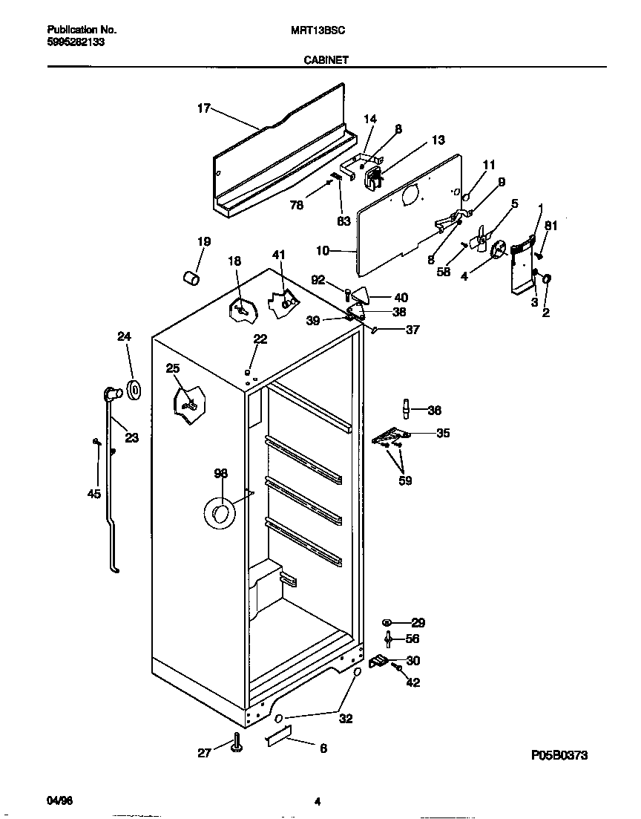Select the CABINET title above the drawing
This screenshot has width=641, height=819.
[326, 61]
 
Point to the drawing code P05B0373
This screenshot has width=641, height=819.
[559, 755]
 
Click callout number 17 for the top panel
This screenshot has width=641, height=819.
[203, 108]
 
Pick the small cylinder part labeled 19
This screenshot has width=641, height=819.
[192, 278]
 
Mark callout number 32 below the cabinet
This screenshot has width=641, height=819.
[346, 718]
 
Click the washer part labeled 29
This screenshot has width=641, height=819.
[387, 622]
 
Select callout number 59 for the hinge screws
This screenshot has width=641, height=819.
[406, 480]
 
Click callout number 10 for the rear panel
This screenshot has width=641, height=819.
[322, 251]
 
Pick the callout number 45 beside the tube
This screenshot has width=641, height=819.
[94, 495]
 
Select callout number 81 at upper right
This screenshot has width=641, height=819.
[550, 225]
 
